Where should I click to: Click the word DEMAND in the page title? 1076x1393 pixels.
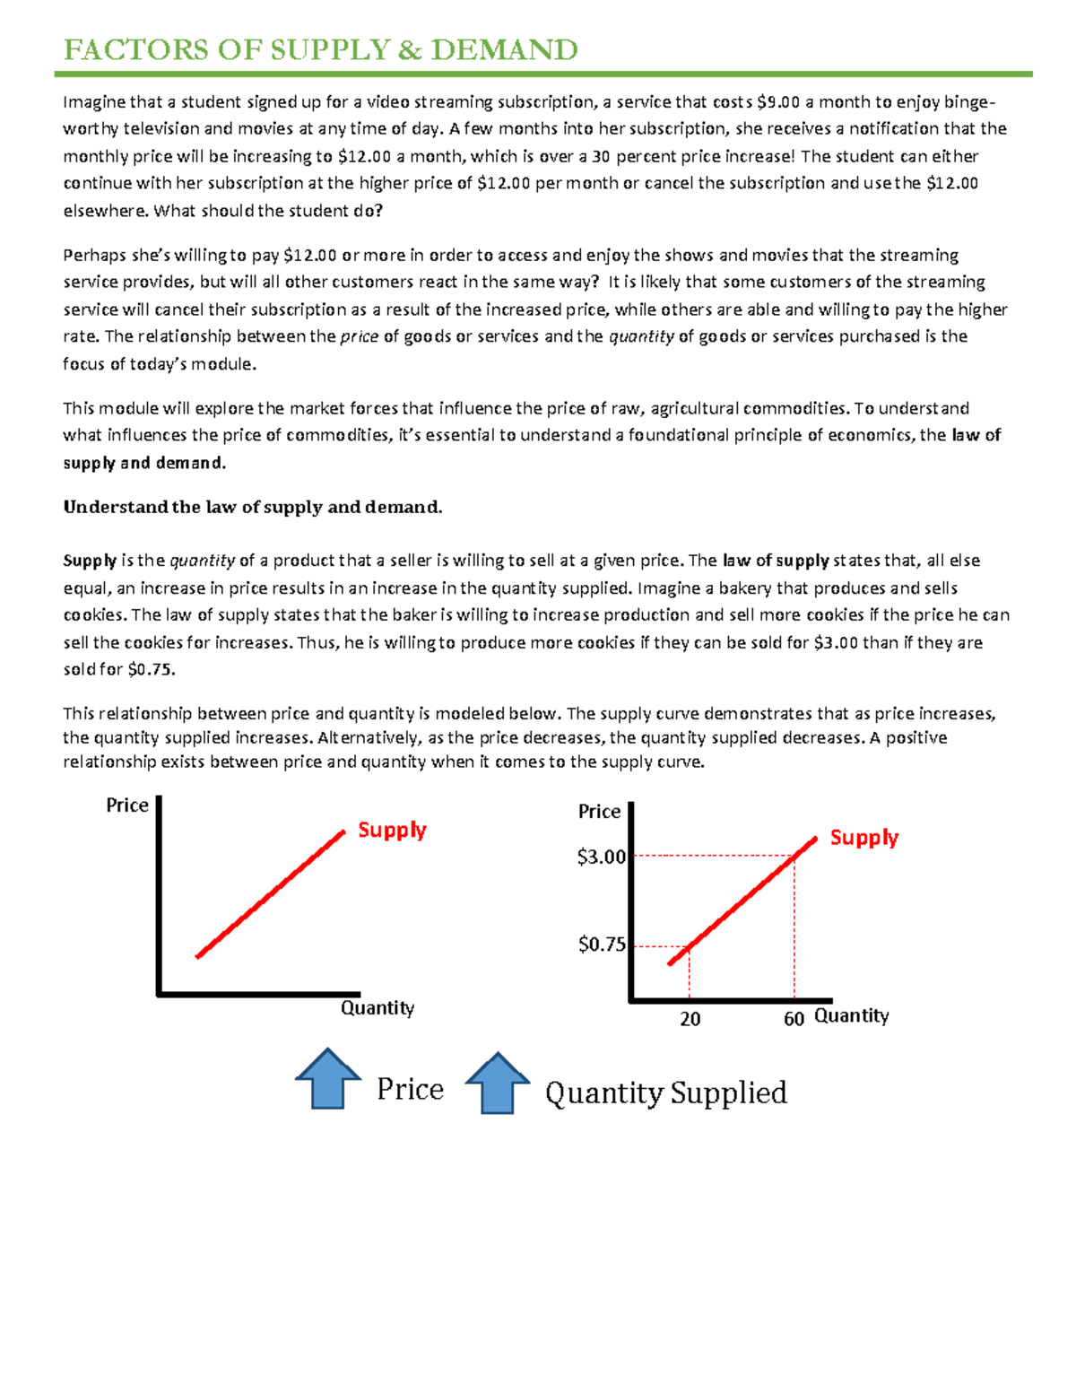click(x=504, y=49)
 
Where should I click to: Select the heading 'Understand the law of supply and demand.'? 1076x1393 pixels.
click(x=253, y=507)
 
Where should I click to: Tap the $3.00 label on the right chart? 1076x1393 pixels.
click(x=602, y=857)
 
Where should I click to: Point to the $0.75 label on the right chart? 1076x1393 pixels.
click(x=602, y=944)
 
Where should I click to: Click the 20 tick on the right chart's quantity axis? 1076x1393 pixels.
click(x=690, y=1019)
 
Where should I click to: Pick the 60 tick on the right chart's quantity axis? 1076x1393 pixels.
click(x=794, y=1019)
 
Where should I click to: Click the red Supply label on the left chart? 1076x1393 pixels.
click(x=392, y=830)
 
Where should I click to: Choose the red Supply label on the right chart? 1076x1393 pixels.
click(x=863, y=838)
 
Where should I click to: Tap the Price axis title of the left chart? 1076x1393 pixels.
click(x=127, y=805)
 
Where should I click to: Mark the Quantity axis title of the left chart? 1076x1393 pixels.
click(x=377, y=1008)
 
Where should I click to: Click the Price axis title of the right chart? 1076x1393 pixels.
click(x=599, y=812)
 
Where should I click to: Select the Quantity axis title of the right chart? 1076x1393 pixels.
click(x=852, y=1015)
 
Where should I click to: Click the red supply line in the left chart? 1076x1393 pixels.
click(x=270, y=895)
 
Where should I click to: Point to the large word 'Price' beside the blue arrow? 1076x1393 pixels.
click(x=410, y=1089)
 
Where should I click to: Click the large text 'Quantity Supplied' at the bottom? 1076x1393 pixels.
click(x=665, y=1093)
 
